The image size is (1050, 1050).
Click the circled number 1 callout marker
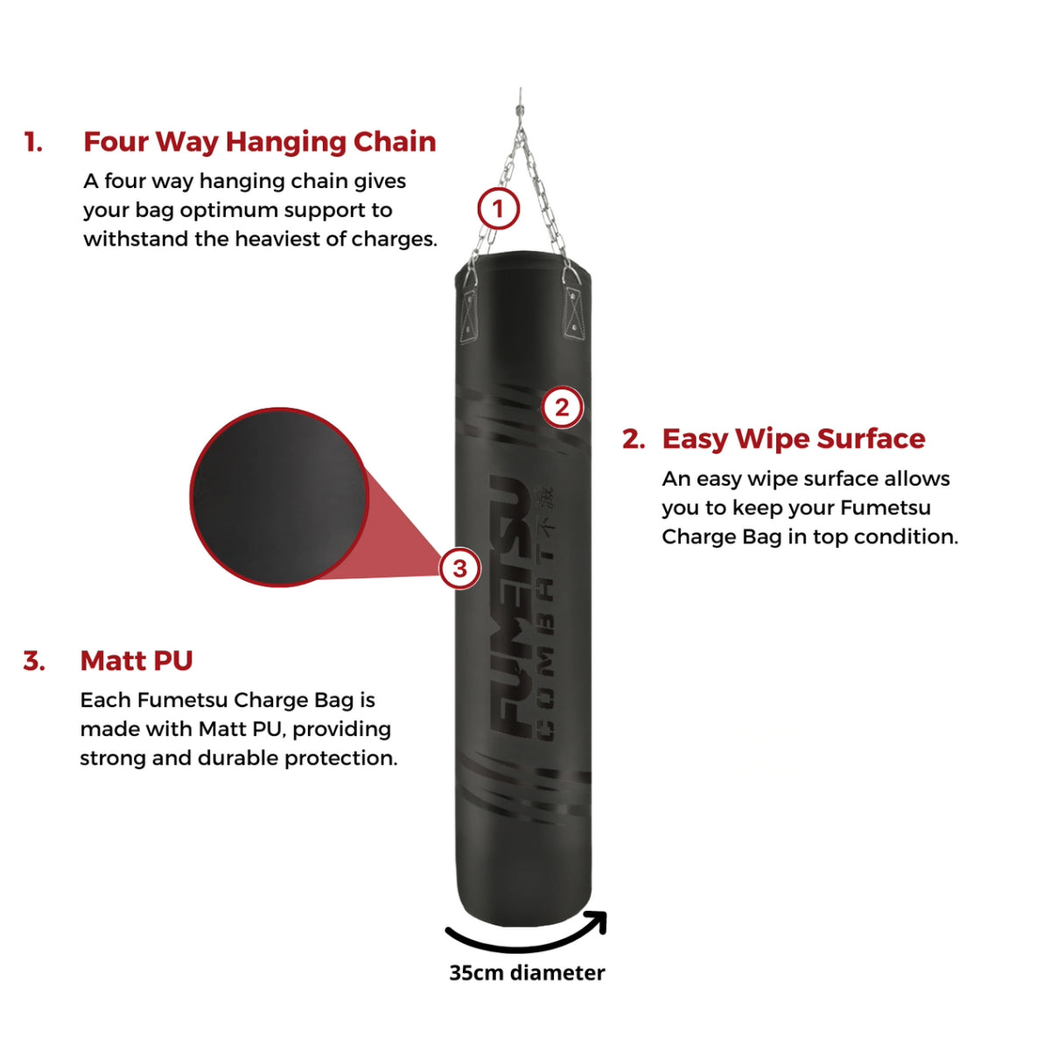498,209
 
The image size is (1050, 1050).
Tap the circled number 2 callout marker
562,407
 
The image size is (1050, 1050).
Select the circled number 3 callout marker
459,569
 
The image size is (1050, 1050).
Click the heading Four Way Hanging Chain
259,142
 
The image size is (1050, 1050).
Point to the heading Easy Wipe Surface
793,438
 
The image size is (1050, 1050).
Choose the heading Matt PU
136,661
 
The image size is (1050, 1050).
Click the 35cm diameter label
527,973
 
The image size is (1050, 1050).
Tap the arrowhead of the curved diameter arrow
598,920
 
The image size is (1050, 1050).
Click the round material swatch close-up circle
279,497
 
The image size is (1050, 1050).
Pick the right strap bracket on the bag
573,311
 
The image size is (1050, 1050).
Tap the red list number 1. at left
33,143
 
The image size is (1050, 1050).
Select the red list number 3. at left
34,661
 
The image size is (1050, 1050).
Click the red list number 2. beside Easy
633,439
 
